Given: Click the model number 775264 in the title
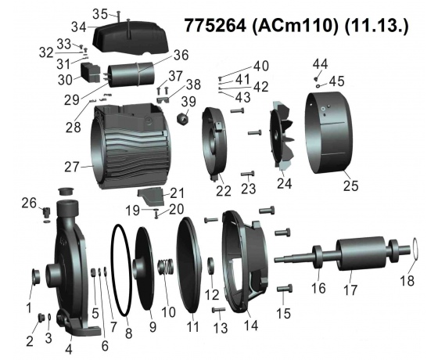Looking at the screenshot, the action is (215, 26).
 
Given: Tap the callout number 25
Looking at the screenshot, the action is (350, 185).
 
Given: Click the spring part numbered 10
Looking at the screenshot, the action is (166, 267).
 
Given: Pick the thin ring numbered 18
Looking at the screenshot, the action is (415, 249).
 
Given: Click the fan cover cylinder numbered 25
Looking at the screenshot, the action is (328, 132).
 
